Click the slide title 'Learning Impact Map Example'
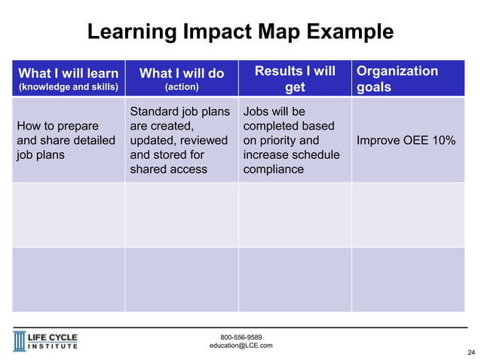240,32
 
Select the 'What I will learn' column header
68,73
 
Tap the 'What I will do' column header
182,73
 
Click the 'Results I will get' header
295,78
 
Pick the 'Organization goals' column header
397,78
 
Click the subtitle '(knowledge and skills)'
68,87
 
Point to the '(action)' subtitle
182,87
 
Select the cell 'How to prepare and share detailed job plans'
66,140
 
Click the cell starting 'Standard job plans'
179,140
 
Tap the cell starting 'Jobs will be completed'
291,140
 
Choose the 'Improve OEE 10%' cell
406,140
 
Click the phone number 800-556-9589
240,337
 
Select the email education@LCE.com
240,346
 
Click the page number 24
471,352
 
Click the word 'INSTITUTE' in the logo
54,347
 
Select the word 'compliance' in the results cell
273,169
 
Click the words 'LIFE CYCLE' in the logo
54,337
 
